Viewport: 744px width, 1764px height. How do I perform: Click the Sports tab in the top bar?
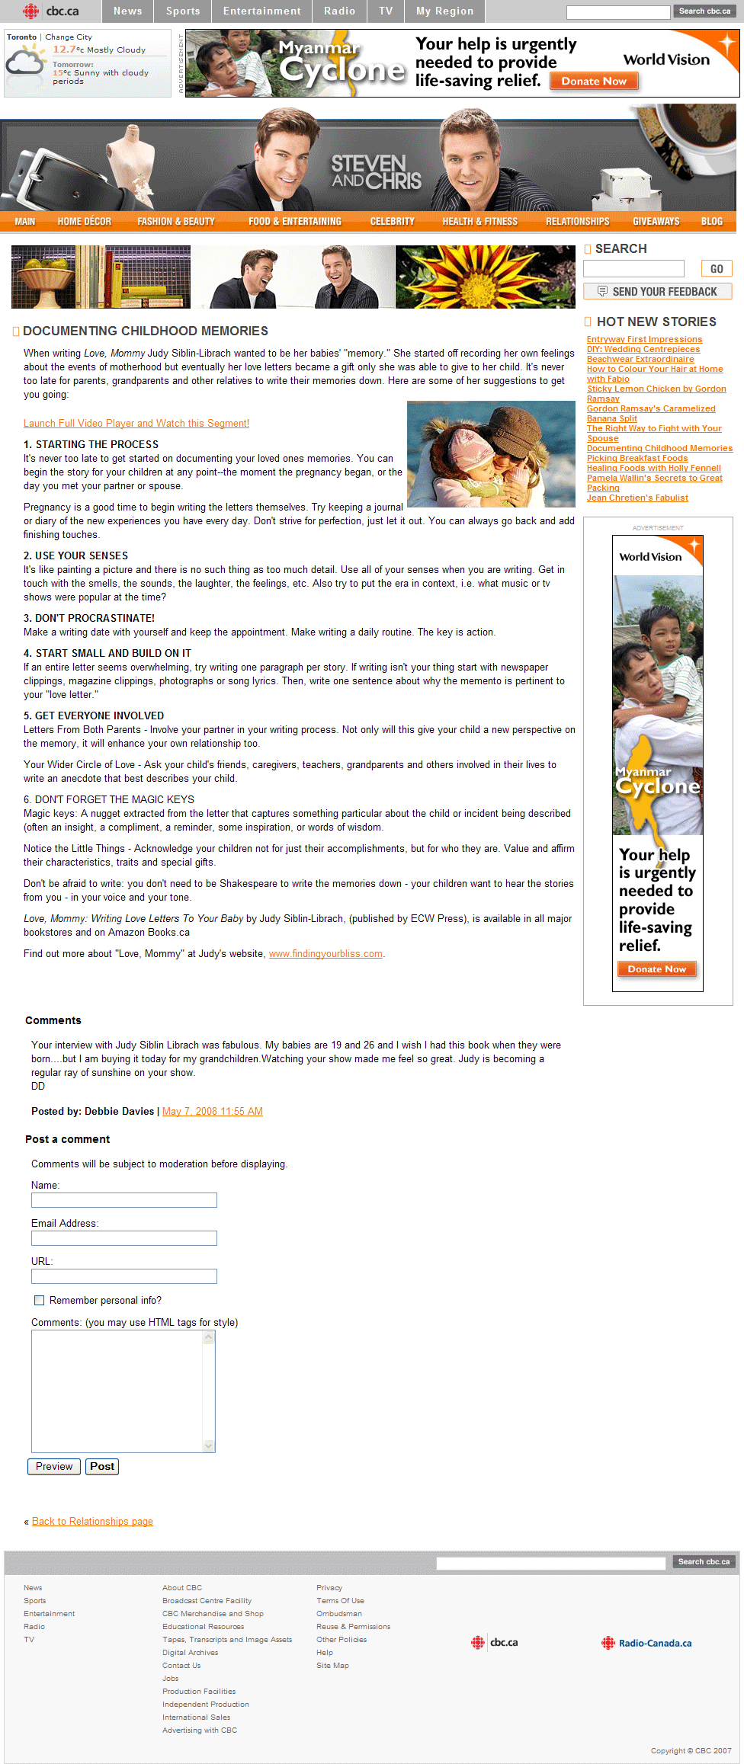coord(183,11)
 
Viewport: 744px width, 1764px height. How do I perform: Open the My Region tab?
coord(444,11)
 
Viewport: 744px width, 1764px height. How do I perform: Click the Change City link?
coord(69,37)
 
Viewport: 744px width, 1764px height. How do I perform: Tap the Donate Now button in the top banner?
coord(594,82)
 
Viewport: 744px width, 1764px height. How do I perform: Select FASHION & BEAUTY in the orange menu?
coord(176,222)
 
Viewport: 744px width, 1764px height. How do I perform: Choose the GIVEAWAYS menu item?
coord(656,222)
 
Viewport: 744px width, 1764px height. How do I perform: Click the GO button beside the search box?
coord(717,269)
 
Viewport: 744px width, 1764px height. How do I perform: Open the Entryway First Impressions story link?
coord(644,340)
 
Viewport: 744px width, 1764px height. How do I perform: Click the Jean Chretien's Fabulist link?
coord(637,498)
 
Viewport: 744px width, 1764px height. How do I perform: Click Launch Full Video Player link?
coord(136,424)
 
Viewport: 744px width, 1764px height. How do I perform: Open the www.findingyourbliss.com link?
coord(325,954)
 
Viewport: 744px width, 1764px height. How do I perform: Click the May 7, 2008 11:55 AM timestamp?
coord(213,1112)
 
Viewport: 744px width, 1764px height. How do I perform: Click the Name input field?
coord(124,1200)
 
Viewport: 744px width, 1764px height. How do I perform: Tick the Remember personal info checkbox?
coord(39,1301)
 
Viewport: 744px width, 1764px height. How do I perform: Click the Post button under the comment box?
coord(102,1467)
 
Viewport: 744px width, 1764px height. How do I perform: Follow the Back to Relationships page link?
coord(92,1522)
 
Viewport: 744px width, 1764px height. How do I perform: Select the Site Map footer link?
coord(332,1666)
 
